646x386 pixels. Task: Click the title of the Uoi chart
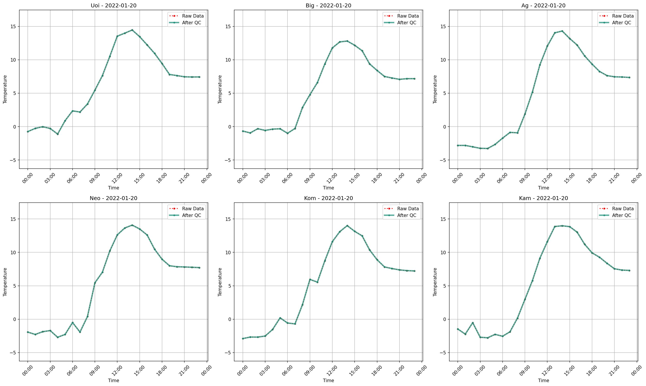coord(113,5)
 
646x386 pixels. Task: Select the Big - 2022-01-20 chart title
coord(328,5)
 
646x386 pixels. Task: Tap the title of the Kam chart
coord(543,198)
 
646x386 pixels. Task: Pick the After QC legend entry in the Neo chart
coord(191,215)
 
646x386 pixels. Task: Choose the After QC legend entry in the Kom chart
coord(407,215)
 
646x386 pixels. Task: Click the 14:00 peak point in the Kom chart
coord(347,226)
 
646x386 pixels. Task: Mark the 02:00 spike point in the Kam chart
coord(473,323)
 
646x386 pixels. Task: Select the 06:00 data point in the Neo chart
coord(73,322)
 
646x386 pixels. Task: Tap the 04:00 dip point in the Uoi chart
coord(58,134)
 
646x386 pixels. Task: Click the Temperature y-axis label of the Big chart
coord(220,89)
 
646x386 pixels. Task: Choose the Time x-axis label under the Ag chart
coord(543,188)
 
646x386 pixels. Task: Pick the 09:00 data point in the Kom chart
coord(310,280)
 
